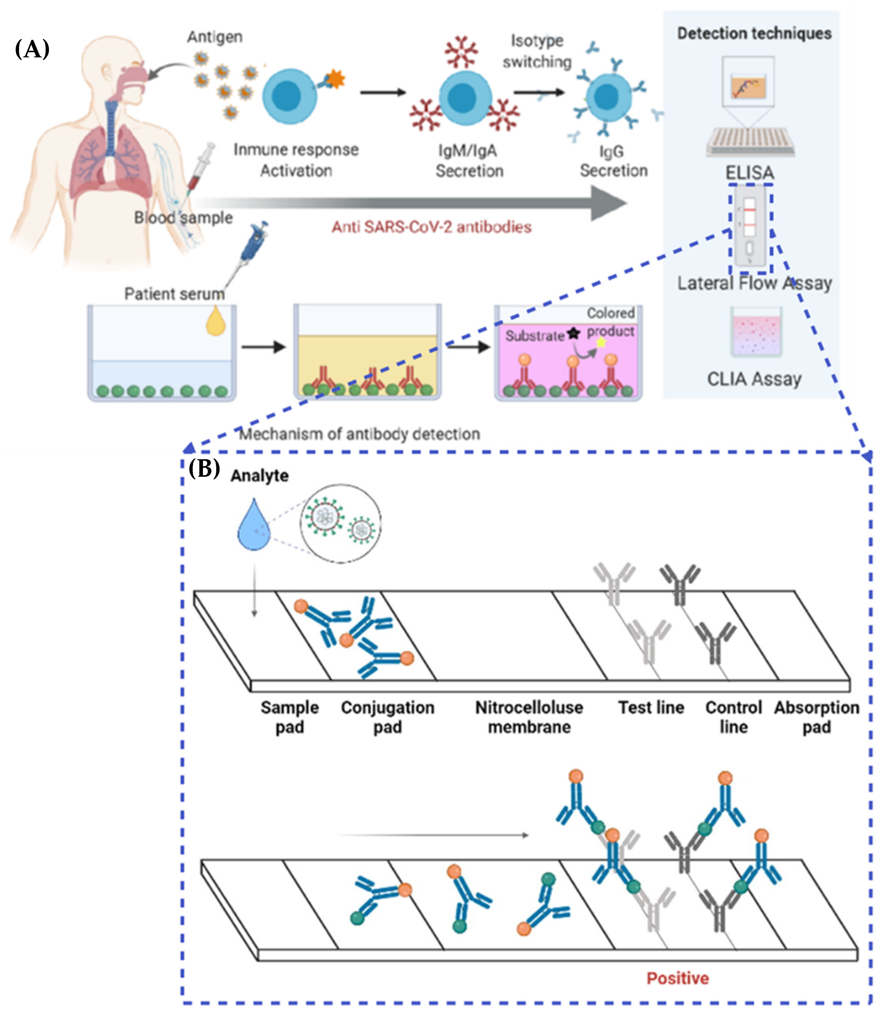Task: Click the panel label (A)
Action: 32,49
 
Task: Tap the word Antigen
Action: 215,37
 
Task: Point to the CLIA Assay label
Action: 754,379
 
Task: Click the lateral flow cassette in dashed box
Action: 750,229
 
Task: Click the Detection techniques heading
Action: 754,34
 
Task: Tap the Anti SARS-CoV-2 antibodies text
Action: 431,227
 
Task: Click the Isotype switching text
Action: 537,51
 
